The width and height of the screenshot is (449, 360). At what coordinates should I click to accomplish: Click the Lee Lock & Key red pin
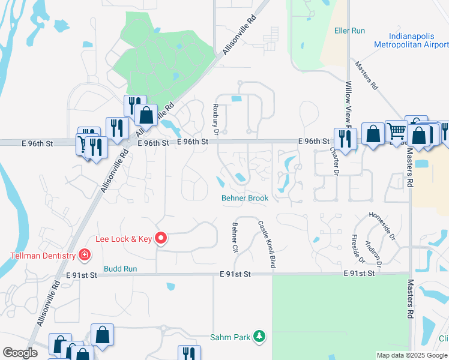(161, 238)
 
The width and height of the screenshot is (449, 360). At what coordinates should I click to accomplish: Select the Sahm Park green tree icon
(259, 337)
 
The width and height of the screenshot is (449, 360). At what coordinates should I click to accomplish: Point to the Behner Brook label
(245, 197)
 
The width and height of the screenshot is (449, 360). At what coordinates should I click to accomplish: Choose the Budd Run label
(121, 269)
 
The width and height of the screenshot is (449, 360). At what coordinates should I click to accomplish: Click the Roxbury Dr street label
(217, 118)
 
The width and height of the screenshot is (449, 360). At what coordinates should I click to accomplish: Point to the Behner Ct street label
(235, 237)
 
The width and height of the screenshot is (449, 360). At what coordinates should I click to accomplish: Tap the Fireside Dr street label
(358, 248)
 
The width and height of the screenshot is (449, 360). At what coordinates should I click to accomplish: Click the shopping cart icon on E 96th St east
(396, 131)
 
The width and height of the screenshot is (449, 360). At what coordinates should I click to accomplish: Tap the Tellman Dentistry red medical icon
(85, 256)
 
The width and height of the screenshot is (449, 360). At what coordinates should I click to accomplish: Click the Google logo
(20, 353)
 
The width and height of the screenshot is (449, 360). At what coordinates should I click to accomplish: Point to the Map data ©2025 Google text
(412, 355)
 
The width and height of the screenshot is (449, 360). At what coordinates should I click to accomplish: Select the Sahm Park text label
(230, 337)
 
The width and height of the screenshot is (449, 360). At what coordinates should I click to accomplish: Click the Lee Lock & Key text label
(124, 239)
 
